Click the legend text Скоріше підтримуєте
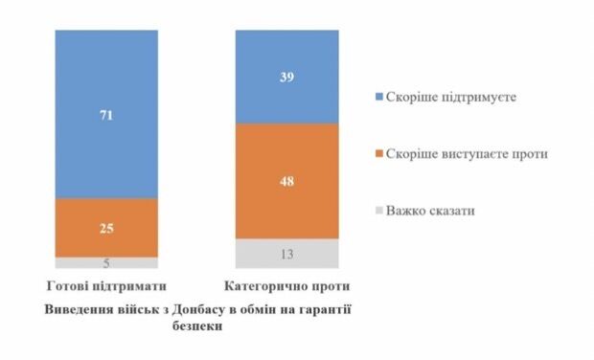442,98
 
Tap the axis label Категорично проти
287,286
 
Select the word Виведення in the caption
80,310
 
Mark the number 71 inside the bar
105,114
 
